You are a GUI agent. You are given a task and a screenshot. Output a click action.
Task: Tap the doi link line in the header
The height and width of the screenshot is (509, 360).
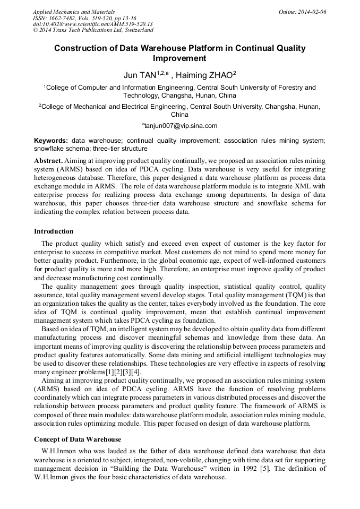92,24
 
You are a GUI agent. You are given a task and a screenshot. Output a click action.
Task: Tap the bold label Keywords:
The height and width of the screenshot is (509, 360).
51,141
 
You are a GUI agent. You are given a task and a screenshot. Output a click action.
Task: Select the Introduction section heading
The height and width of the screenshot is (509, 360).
54,231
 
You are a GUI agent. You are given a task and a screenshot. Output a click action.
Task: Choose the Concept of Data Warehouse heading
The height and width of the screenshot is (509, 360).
78,439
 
